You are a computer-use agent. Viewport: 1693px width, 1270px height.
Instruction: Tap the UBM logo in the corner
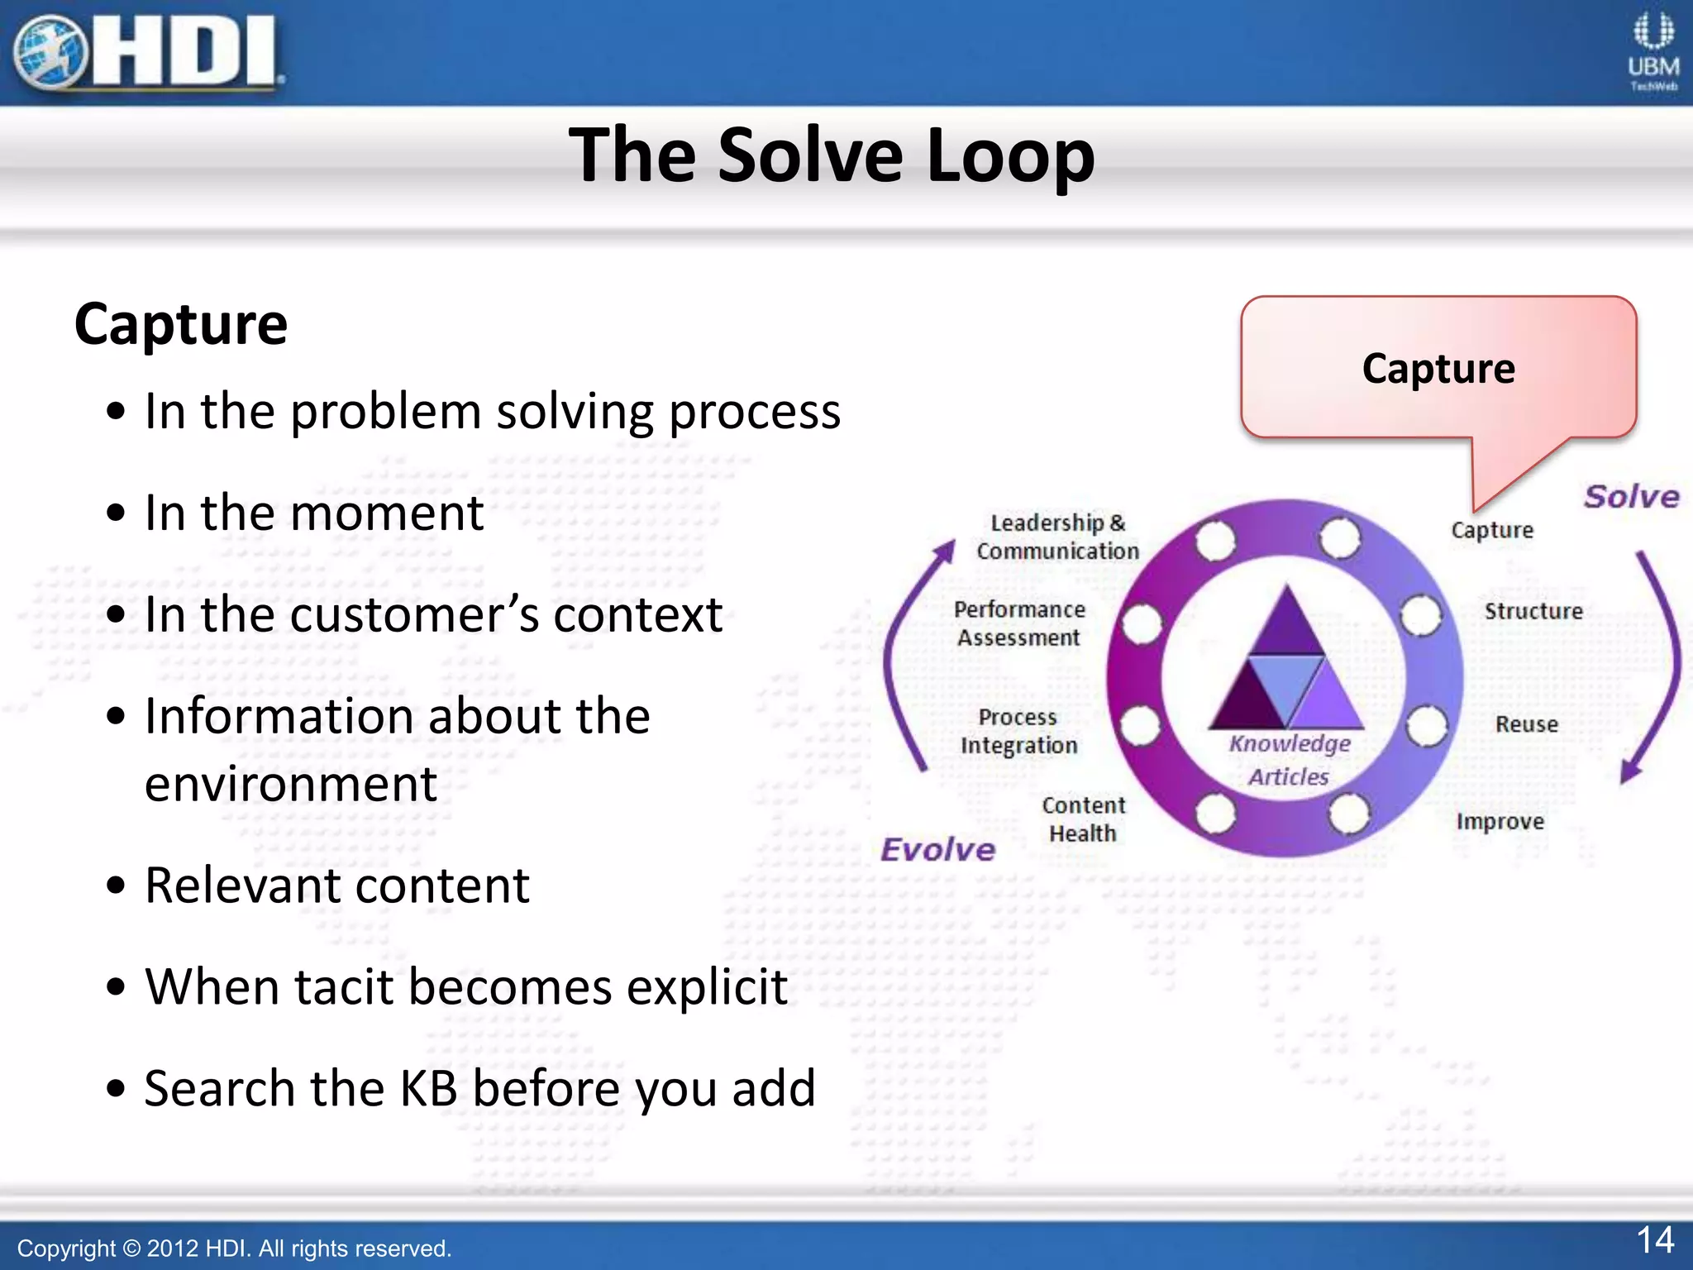coord(1652,51)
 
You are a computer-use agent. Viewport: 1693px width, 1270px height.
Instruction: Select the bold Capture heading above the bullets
coord(181,324)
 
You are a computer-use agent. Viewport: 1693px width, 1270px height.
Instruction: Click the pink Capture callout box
coord(1438,368)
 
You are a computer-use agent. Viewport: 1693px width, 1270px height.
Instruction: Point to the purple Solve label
coord(1631,497)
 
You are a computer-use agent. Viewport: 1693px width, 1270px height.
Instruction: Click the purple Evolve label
coord(937,849)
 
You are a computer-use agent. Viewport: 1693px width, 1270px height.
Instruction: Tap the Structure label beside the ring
coord(1533,611)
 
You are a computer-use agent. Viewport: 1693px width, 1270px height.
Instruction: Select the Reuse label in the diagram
coord(1526,724)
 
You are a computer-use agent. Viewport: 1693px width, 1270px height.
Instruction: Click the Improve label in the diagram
coord(1500,821)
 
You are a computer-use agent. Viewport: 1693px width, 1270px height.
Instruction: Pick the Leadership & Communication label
coord(1057,537)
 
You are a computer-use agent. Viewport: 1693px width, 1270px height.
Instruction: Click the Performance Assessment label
coord(1019,623)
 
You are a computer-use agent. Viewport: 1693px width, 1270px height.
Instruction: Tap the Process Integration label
coord(1018,731)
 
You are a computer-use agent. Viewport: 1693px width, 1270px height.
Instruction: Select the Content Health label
coord(1083,819)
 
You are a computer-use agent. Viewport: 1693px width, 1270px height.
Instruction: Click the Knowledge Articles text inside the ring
coord(1289,759)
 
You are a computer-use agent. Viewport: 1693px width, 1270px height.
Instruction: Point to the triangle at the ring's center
coord(1286,661)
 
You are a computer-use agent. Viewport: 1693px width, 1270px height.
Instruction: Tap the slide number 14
coord(1655,1239)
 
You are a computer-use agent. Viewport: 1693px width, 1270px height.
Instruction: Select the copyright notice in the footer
coord(234,1248)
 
